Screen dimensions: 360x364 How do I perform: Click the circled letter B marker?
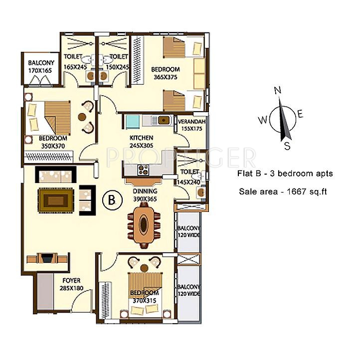112,200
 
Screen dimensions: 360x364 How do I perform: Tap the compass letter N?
278,90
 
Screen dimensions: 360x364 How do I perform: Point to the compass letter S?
287,146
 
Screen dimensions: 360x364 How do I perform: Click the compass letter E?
300,114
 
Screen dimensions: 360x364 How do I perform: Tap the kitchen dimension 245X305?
141,146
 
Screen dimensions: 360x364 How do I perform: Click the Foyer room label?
71,280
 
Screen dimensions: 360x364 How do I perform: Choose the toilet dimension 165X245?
75,67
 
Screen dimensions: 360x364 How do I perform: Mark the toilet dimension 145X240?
188,182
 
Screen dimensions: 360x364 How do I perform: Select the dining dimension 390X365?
145,198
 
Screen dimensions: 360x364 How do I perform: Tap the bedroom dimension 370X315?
145,301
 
